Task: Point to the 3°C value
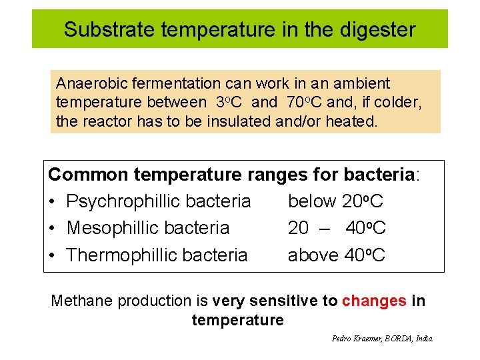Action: [x=229, y=103]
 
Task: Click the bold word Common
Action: [x=88, y=175]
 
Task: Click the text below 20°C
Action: [x=335, y=201]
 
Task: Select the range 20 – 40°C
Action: [x=337, y=228]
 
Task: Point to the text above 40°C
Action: [x=336, y=255]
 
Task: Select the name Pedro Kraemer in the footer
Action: [x=355, y=339]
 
